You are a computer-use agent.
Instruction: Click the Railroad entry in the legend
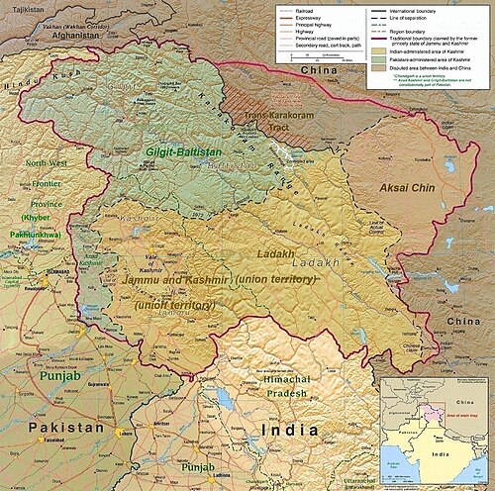[302, 11]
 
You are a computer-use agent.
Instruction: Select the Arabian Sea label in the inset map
[393, 465]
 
